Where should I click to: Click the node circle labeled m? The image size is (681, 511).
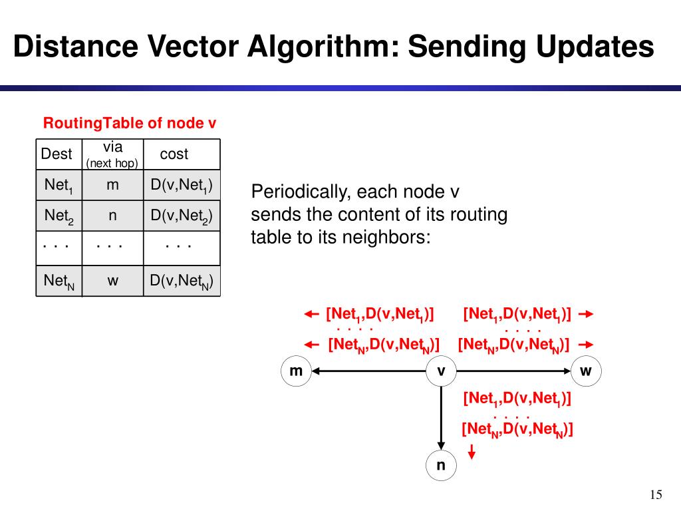pyautogui.click(x=296, y=371)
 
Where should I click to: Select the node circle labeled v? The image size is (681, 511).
pyautogui.click(x=441, y=371)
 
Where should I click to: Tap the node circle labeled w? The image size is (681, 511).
pyautogui.click(x=585, y=371)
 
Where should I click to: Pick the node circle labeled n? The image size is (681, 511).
pyautogui.click(x=441, y=465)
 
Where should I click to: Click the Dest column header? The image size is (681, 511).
pyautogui.click(x=57, y=154)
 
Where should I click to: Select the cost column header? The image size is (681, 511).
pyautogui.click(x=174, y=154)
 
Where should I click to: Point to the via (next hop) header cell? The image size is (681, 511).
pyautogui.click(x=112, y=154)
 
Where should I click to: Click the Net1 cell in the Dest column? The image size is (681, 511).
pyautogui.click(x=58, y=186)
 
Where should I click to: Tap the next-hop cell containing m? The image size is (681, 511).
pyautogui.click(x=112, y=186)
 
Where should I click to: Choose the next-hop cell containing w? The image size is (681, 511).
pyautogui.click(x=112, y=281)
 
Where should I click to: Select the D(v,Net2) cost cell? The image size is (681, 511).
pyautogui.click(x=181, y=216)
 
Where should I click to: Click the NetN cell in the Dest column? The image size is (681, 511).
pyautogui.click(x=59, y=281)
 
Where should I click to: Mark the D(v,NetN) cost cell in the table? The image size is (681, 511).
pyautogui.click(x=181, y=281)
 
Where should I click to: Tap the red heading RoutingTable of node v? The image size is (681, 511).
pyautogui.click(x=130, y=124)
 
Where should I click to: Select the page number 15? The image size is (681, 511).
pyautogui.click(x=656, y=494)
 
